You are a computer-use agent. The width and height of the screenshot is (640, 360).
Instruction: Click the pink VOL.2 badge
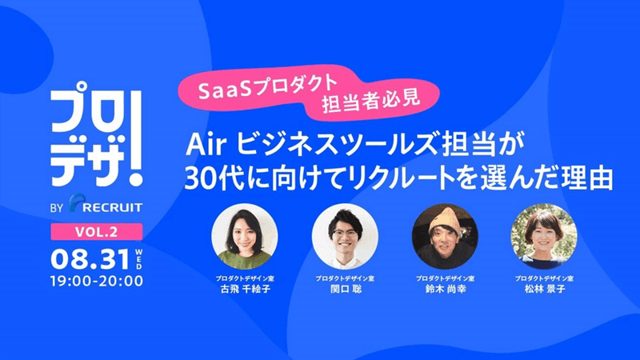tap(97, 232)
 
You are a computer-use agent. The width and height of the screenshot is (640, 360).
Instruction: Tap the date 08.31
tap(90, 259)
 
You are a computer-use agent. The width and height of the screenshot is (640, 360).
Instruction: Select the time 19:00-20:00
tap(97, 282)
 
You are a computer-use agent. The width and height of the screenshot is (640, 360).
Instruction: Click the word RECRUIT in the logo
tap(112, 207)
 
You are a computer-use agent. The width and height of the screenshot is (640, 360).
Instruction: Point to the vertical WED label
tap(138, 258)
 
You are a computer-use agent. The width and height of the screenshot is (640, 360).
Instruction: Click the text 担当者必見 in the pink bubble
tap(370, 102)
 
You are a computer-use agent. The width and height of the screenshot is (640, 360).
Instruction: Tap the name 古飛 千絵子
tap(245, 290)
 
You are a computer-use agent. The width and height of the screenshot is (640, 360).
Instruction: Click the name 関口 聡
tap(346, 290)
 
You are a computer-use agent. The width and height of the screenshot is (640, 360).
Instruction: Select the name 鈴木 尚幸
tap(446, 290)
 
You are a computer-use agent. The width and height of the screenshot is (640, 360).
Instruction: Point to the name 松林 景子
tap(545, 290)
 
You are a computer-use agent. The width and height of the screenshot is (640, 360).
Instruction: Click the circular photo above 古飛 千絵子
tap(245, 237)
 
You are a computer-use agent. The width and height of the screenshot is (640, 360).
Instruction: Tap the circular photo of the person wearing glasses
tap(345, 237)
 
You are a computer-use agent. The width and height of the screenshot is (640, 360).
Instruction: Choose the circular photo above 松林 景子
tap(544, 237)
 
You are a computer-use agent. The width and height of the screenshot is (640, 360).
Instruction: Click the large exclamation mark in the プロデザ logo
tap(134, 138)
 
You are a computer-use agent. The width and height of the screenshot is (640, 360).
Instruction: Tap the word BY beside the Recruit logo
tap(57, 208)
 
